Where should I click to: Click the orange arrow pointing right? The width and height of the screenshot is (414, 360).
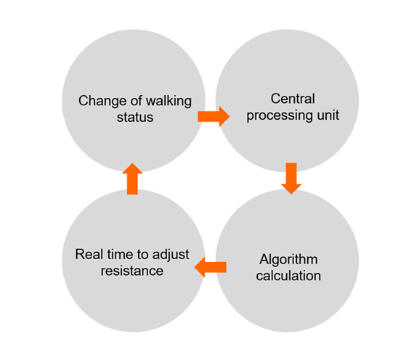[x=214, y=116]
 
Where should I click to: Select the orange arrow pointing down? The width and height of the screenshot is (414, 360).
[x=291, y=179]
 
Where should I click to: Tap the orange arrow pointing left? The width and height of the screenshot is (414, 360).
[x=211, y=267]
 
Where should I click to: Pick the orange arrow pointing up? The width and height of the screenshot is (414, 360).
[x=132, y=179]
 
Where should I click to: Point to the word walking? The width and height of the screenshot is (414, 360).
[x=169, y=102]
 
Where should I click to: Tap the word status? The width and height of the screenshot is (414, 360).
[x=135, y=118]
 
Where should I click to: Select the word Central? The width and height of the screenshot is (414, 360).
[x=293, y=99]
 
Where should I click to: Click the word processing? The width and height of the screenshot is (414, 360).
[x=280, y=116]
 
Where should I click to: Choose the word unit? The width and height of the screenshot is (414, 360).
[x=328, y=115]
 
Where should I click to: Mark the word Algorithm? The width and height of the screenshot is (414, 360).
[x=288, y=260]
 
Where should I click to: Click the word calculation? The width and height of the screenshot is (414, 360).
[x=288, y=276]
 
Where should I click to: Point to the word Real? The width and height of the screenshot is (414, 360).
[x=88, y=255]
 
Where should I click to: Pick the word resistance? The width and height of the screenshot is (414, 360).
[x=132, y=271]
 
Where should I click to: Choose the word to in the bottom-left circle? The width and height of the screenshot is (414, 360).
[x=143, y=255]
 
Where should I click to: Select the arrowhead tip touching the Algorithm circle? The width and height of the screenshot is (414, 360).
[x=291, y=195]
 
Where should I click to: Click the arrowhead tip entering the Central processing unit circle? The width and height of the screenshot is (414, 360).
[x=230, y=116]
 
